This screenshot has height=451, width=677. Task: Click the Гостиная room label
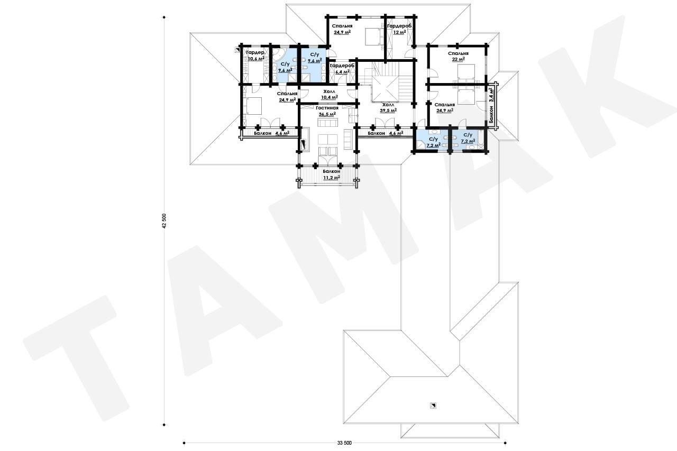tap(327, 108)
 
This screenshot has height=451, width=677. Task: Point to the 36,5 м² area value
tap(327, 114)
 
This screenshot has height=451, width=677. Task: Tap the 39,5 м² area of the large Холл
tap(388, 111)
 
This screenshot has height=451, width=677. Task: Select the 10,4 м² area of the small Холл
tap(330, 97)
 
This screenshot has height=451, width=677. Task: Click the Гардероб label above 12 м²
tap(399, 26)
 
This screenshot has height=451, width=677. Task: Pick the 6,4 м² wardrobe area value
tap(342, 72)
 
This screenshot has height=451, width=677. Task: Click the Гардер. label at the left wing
tap(255, 52)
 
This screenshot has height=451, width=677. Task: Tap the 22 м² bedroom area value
tap(458, 59)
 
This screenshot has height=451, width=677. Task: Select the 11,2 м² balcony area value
tap(332, 178)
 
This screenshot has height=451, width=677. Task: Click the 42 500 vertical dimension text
tap(164, 221)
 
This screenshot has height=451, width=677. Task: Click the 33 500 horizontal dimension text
tap(344, 443)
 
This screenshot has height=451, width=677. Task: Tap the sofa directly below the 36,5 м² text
tap(327, 122)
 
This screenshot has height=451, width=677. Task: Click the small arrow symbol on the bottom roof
tap(433, 406)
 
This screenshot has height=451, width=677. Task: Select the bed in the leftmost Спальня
tap(254, 105)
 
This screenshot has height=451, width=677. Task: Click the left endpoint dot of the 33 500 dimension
tap(184, 443)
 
